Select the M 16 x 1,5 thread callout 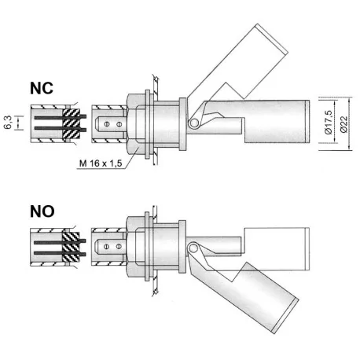click(104, 163)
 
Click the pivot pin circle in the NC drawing click(193, 125)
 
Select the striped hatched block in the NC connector click(72, 123)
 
